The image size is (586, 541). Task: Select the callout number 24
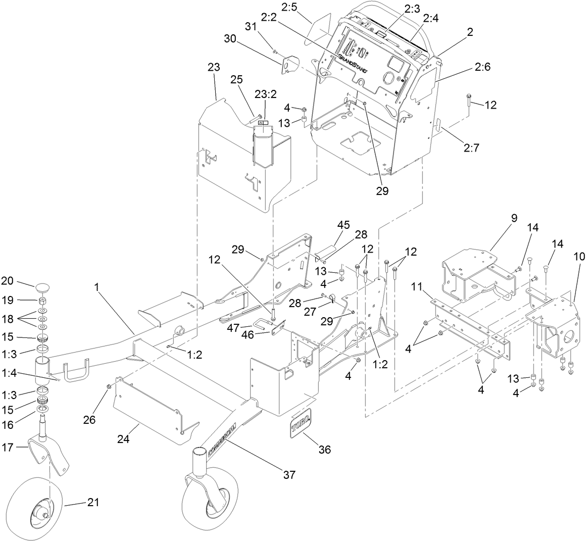coord(124,439)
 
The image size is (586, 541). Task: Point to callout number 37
coord(289,474)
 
